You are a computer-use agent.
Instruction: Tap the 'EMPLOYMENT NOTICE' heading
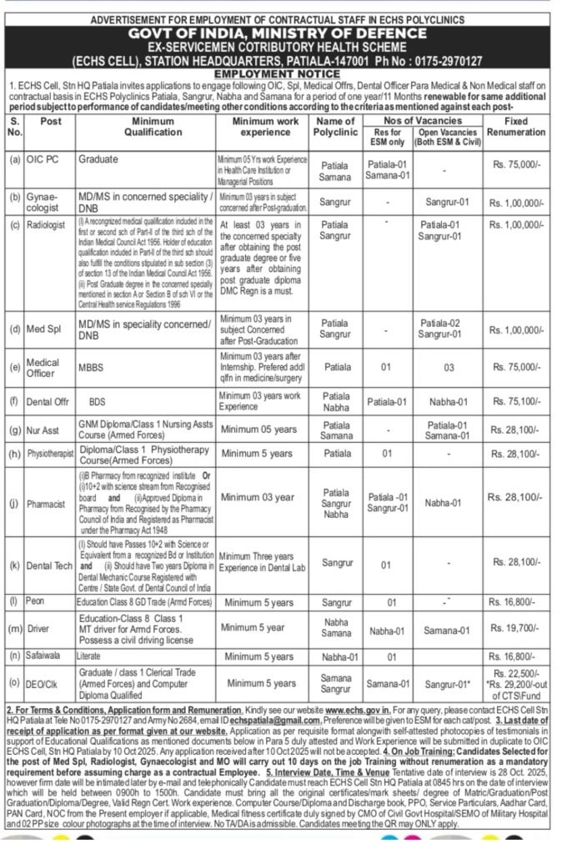point(280,73)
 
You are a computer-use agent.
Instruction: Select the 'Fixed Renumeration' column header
point(517,127)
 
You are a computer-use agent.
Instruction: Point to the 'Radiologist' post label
point(51,225)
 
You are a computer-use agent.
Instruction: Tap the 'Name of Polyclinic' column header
point(336,127)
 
